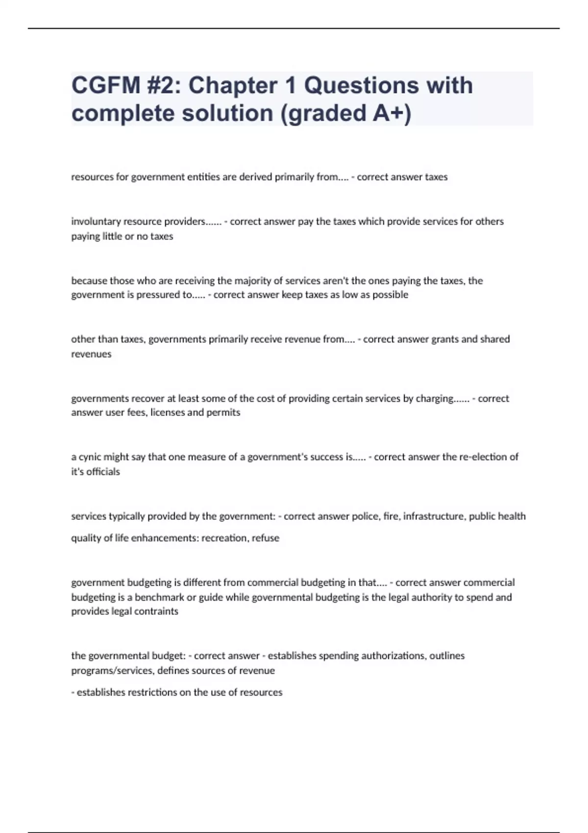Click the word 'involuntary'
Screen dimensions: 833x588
click(96, 221)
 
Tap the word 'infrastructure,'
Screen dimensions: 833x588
click(435, 516)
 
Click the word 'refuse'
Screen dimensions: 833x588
click(266, 538)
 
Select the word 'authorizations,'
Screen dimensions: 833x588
click(372, 656)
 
